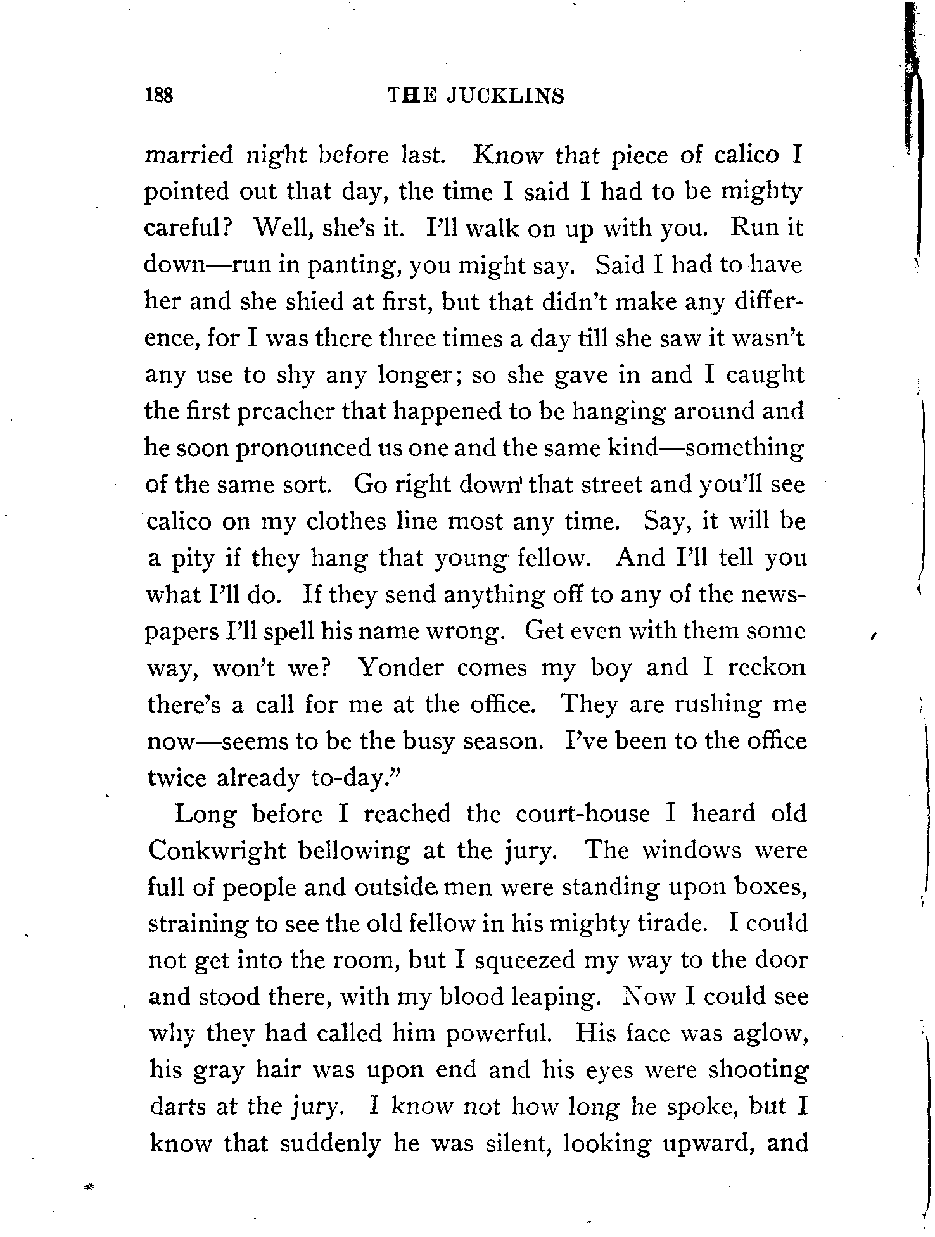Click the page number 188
tap(159, 96)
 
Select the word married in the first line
tap(189, 155)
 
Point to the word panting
tap(356, 265)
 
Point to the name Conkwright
tap(217, 851)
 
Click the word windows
tap(691, 850)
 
